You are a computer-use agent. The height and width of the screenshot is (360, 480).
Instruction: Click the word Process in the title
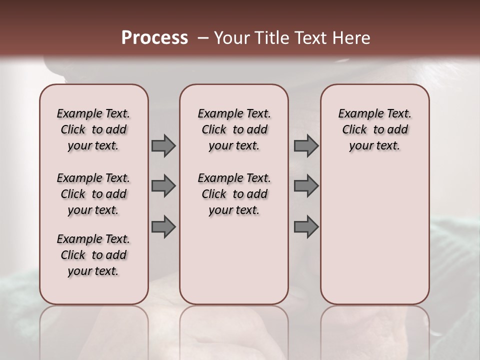click(x=154, y=38)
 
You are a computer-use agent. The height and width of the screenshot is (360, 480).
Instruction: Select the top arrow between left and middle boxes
click(x=163, y=145)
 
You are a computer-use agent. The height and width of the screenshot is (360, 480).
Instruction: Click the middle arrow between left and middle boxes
click(x=163, y=186)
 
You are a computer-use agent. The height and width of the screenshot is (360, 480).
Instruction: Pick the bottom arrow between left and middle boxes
click(x=163, y=227)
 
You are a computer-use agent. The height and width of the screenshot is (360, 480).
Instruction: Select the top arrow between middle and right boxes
click(x=306, y=145)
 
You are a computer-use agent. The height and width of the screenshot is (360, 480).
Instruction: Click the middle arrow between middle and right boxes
click(x=306, y=186)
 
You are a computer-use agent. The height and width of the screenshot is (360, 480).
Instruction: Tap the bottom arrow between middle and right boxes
click(x=306, y=227)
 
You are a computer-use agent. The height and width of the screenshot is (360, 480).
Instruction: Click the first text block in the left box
click(x=93, y=129)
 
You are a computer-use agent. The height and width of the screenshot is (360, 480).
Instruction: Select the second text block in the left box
click(x=93, y=194)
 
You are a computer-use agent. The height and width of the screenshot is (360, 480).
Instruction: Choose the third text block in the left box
click(x=93, y=255)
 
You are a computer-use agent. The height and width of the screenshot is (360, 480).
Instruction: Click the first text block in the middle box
click(x=234, y=129)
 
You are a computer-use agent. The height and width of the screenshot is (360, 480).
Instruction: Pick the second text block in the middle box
click(x=234, y=194)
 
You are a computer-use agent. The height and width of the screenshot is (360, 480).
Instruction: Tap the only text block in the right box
click(x=374, y=129)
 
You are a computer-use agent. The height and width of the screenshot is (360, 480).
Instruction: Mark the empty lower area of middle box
click(x=234, y=260)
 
